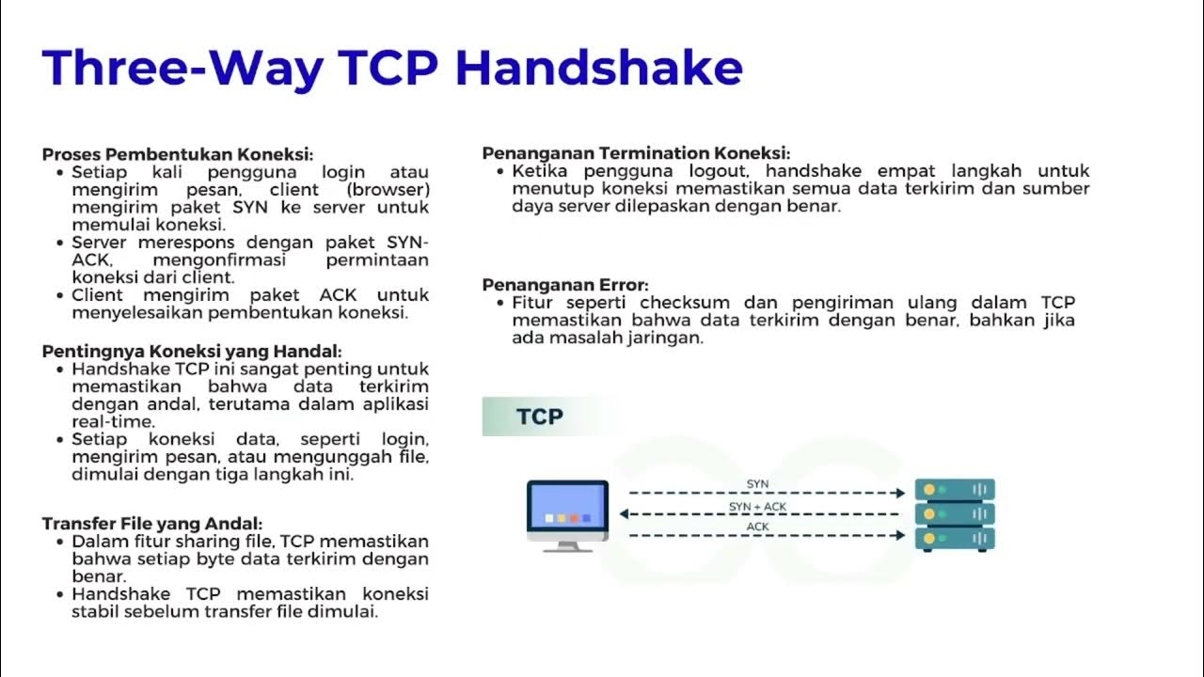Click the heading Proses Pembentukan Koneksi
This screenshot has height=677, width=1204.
pos(177,154)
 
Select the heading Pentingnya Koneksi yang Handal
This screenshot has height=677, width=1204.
pos(191,351)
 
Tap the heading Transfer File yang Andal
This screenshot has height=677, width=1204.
pos(151,523)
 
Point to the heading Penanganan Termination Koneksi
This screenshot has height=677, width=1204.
pos(636,152)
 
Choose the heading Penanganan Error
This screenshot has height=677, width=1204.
pos(565,284)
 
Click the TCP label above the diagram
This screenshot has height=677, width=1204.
pos(539,417)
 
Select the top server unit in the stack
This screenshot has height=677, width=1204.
pos(956,490)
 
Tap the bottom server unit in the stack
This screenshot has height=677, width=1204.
pos(956,539)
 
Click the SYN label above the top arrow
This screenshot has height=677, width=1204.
pos(757,483)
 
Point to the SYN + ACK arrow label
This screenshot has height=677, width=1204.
pos(757,507)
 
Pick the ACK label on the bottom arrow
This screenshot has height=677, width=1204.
pos(757,527)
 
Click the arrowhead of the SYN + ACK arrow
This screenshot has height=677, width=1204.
pos(624,514)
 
